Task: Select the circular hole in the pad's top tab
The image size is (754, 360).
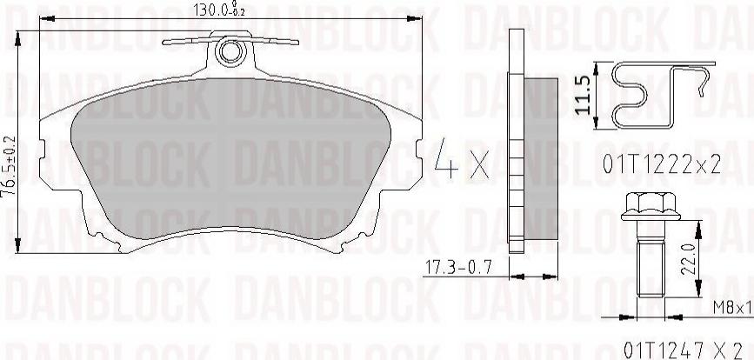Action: [x=230, y=52]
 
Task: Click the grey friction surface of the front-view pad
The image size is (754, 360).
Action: [x=230, y=165]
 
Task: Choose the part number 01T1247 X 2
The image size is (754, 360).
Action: [x=674, y=349]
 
